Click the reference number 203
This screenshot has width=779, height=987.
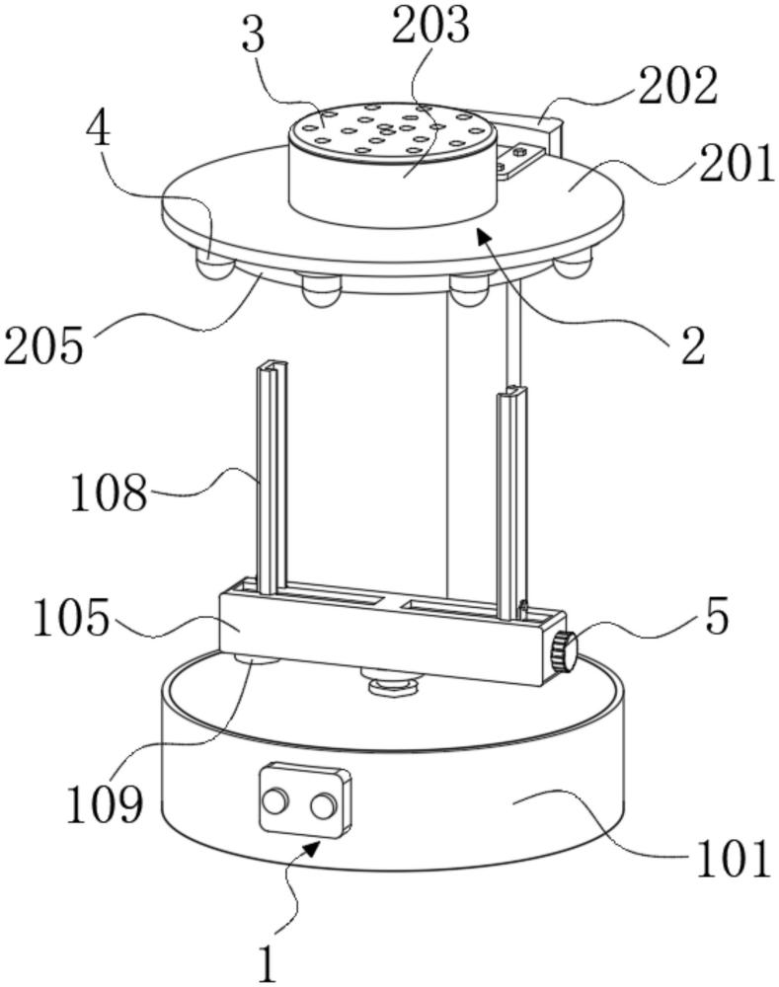coord(430,27)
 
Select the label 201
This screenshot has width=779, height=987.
coord(737,164)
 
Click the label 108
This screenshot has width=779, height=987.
coord(109,491)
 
